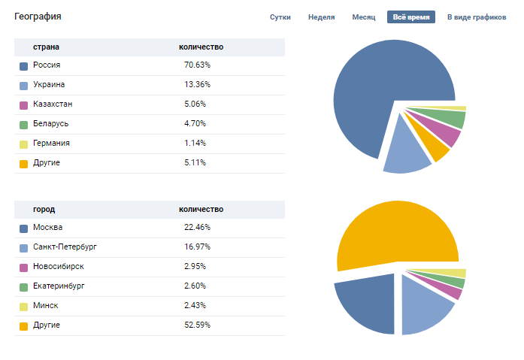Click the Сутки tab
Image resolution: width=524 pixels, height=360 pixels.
[x=280, y=17]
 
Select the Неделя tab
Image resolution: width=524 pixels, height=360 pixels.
[x=321, y=17]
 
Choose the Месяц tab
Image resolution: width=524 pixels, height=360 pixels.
[x=363, y=17]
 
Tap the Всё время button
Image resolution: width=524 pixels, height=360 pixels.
[x=410, y=17]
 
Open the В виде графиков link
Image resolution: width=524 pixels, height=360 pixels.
[x=477, y=17]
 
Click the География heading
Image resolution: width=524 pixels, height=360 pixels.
[x=38, y=16]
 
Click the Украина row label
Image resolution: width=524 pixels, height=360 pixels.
[x=49, y=85]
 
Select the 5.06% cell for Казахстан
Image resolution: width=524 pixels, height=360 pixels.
[x=195, y=104]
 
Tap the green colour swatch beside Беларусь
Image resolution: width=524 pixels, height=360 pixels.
[x=23, y=124]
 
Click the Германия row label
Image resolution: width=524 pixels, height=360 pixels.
[x=51, y=143]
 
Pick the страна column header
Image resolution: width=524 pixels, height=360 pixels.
[x=46, y=47]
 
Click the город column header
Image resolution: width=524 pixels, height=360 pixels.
[x=44, y=209]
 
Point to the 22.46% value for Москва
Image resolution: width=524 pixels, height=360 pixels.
[x=196, y=227]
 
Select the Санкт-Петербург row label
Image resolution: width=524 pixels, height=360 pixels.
[x=65, y=247]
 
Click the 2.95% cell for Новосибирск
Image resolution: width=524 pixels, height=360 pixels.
[x=195, y=266]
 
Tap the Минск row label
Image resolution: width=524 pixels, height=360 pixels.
[x=45, y=305]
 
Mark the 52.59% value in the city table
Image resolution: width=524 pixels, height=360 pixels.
[x=196, y=325]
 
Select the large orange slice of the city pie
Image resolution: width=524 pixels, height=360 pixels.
[x=395, y=233]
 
